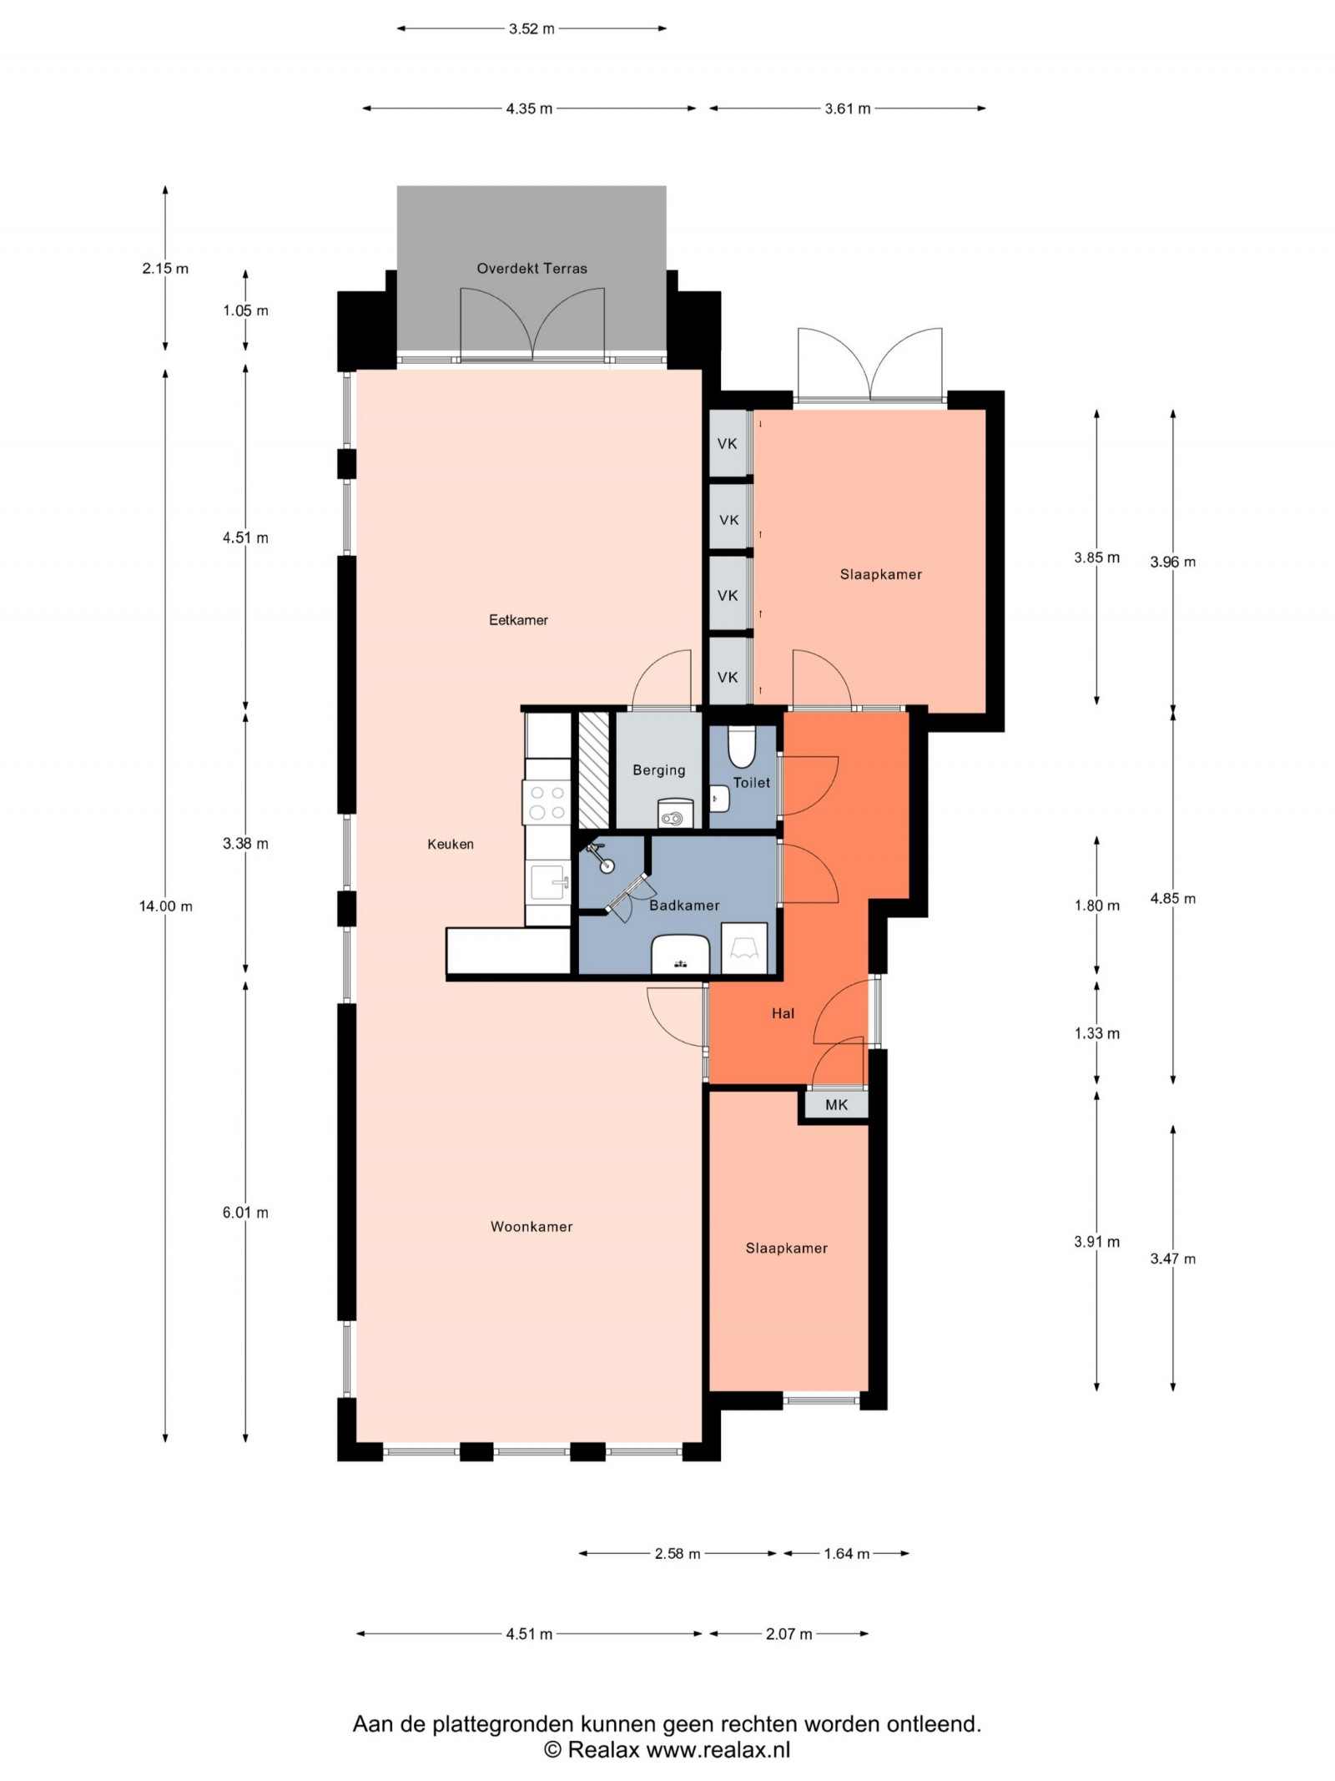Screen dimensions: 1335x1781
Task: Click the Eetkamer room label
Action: pos(518,619)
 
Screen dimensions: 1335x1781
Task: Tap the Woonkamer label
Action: pos(531,1226)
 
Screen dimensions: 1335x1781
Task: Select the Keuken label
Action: pos(451,844)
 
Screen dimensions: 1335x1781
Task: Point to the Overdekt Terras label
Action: pos(531,268)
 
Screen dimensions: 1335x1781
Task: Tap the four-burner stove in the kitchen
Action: pos(547,802)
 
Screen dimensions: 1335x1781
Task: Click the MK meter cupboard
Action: pos(836,1104)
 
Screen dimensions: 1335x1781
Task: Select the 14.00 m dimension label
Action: pos(166,906)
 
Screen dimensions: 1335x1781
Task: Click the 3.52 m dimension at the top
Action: pos(531,28)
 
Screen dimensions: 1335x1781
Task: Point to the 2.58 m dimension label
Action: pos(677,1553)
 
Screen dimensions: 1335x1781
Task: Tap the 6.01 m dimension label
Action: pos(245,1212)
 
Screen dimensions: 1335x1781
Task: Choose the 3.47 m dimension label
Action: pos(1172,1259)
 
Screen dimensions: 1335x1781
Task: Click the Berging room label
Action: pos(659,769)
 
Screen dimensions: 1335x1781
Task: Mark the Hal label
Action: pos(783,1013)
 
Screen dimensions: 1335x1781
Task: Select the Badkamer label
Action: pos(684,905)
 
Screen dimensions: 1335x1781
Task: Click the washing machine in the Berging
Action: pos(675,813)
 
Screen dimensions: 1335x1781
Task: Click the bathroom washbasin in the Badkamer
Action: pos(680,955)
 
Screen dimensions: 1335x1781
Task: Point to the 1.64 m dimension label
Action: pos(846,1553)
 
